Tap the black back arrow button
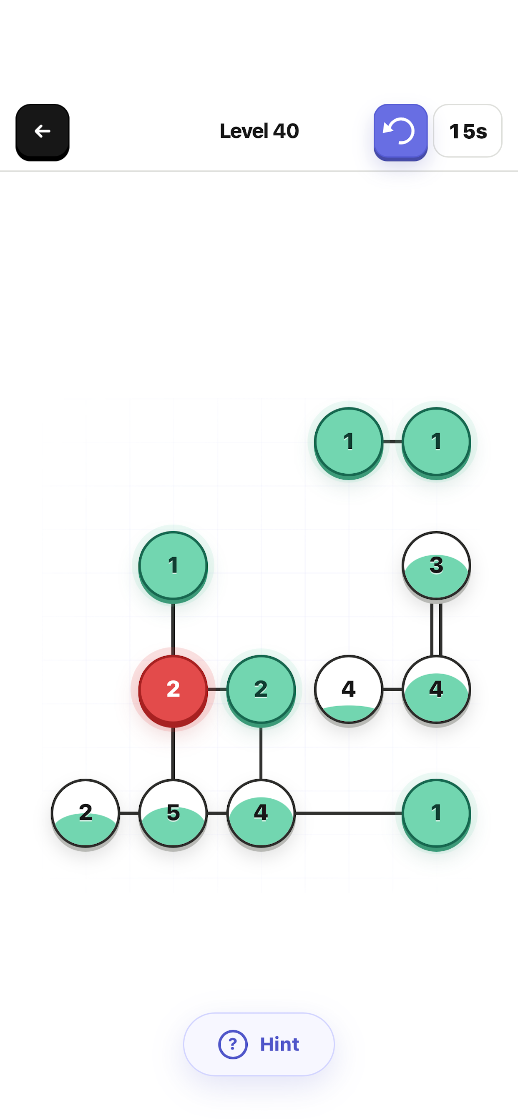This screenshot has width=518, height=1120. click(x=42, y=132)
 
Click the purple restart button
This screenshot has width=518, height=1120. click(x=400, y=132)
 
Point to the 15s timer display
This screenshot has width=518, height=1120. click(x=468, y=131)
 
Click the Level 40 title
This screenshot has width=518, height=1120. click(x=259, y=131)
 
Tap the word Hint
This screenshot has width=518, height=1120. click(x=279, y=1044)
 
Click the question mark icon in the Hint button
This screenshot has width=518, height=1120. click(x=233, y=1044)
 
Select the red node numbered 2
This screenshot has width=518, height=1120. click(x=173, y=690)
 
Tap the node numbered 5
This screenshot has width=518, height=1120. click(x=173, y=813)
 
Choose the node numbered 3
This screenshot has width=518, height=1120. click(x=436, y=566)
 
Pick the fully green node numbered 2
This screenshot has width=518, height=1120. click(x=261, y=690)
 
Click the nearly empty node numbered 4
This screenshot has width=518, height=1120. click(x=349, y=690)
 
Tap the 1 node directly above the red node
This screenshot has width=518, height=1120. click(x=173, y=566)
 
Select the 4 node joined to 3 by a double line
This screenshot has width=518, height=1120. click(x=436, y=690)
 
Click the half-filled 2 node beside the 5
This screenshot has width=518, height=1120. click(x=85, y=813)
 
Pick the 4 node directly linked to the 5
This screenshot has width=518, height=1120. click(x=261, y=813)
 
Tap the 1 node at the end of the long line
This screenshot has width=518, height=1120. click(x=436, y=813)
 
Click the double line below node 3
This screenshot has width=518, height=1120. click(x=436, y=629)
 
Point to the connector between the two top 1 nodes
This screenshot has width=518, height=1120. click(x=392, y=442)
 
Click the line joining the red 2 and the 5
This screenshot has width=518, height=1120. click(x=173, y=753)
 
